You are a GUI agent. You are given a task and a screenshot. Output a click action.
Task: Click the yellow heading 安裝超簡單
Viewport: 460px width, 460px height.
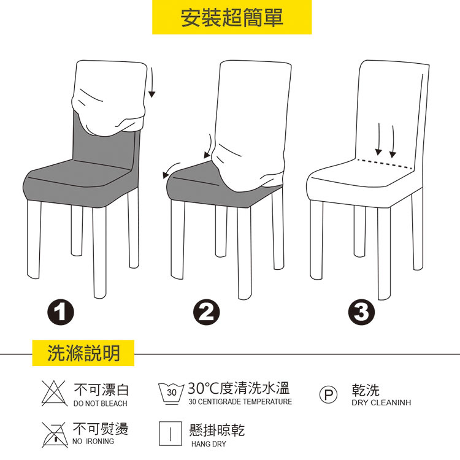coord(232,17)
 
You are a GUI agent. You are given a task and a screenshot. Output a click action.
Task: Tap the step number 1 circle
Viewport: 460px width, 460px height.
coord(61,312)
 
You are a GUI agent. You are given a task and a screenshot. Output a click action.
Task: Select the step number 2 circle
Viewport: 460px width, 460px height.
coord(206,312)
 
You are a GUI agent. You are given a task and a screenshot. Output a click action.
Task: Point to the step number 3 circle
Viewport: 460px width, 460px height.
coord(361,312)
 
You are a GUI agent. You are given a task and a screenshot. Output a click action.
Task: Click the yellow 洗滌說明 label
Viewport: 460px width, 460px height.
coord(83,353)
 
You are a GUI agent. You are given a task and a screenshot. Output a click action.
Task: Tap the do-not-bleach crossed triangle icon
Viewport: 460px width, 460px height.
coord(54,393)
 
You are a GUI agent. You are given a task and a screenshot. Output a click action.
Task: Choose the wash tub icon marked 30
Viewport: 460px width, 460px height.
coord(171,393)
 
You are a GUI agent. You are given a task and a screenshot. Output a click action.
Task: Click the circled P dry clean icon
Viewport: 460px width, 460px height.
coord(328,394)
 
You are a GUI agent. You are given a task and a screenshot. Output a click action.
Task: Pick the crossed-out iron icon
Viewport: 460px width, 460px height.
coord(54,434)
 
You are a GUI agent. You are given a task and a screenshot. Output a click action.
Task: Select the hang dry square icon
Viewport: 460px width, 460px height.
coord(171,433)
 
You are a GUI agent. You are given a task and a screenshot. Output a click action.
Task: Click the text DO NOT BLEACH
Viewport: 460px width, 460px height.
coord(101,404)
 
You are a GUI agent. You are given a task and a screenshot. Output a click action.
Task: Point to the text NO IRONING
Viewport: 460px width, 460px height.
coord(93,441)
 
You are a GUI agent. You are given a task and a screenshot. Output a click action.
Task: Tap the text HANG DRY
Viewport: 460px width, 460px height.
coord(209,444)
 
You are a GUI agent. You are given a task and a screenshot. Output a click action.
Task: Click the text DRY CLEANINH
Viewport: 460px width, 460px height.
coord(381,402)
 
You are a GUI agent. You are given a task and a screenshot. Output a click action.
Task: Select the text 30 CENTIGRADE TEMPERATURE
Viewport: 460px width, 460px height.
coord(240,402)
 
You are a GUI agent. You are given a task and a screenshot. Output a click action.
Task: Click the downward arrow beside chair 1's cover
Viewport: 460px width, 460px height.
coord(152,82)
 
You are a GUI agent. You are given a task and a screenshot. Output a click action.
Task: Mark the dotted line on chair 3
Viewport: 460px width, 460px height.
coord(385,164)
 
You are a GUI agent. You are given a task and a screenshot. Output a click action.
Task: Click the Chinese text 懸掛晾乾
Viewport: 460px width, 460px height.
coord(217,431)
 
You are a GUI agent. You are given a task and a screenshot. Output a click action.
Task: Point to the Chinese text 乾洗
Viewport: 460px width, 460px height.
coord(366,390)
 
